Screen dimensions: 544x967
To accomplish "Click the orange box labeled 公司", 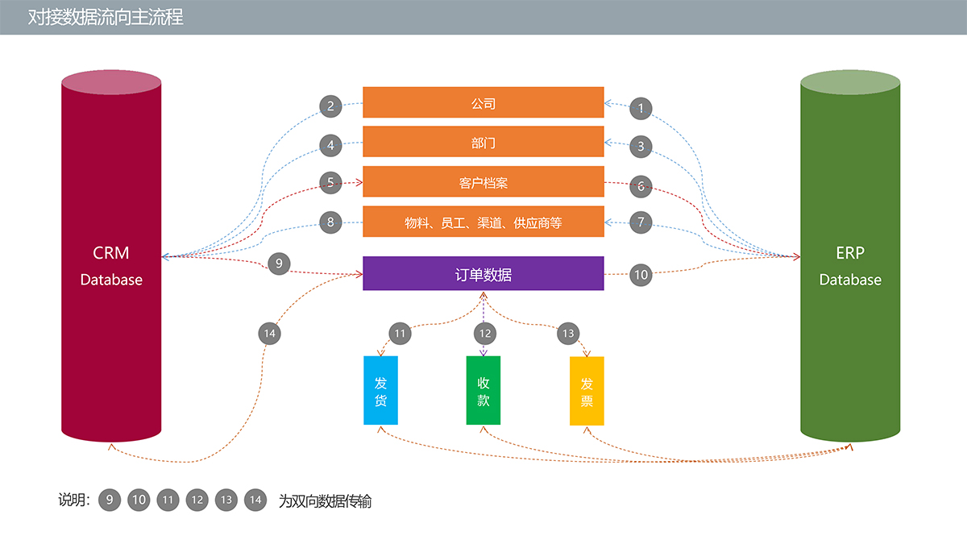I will point(483,102).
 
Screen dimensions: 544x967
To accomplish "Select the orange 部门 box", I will point(483,142).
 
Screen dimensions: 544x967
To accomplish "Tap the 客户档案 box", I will point(483,182).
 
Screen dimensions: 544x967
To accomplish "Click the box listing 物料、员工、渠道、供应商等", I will point(483,222).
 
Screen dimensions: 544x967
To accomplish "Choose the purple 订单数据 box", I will point(483,274).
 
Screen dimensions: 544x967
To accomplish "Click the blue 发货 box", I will point(380,391).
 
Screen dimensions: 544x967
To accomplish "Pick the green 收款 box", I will point(483,391).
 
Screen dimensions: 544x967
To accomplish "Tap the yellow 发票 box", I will point(587,391).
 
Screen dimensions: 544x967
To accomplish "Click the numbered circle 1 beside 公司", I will point(641,107).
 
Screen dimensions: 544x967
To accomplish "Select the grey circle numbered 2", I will point(330,106).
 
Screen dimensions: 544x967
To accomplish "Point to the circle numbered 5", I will point(330,182).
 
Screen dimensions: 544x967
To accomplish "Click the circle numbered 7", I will point(641,222).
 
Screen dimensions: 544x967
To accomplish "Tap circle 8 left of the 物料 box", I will point(330,222).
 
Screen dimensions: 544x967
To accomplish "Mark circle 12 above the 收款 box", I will point(484,333).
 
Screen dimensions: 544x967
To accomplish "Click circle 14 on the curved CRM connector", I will point(270,333).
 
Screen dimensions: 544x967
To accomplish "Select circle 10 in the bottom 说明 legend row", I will point(139,500).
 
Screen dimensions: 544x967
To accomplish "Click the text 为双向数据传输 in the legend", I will point(325,501).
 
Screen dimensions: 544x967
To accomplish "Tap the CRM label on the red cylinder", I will point(111,253).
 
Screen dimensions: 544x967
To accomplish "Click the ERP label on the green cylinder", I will point(850,253).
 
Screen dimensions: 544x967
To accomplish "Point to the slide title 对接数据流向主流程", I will point(106,17).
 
